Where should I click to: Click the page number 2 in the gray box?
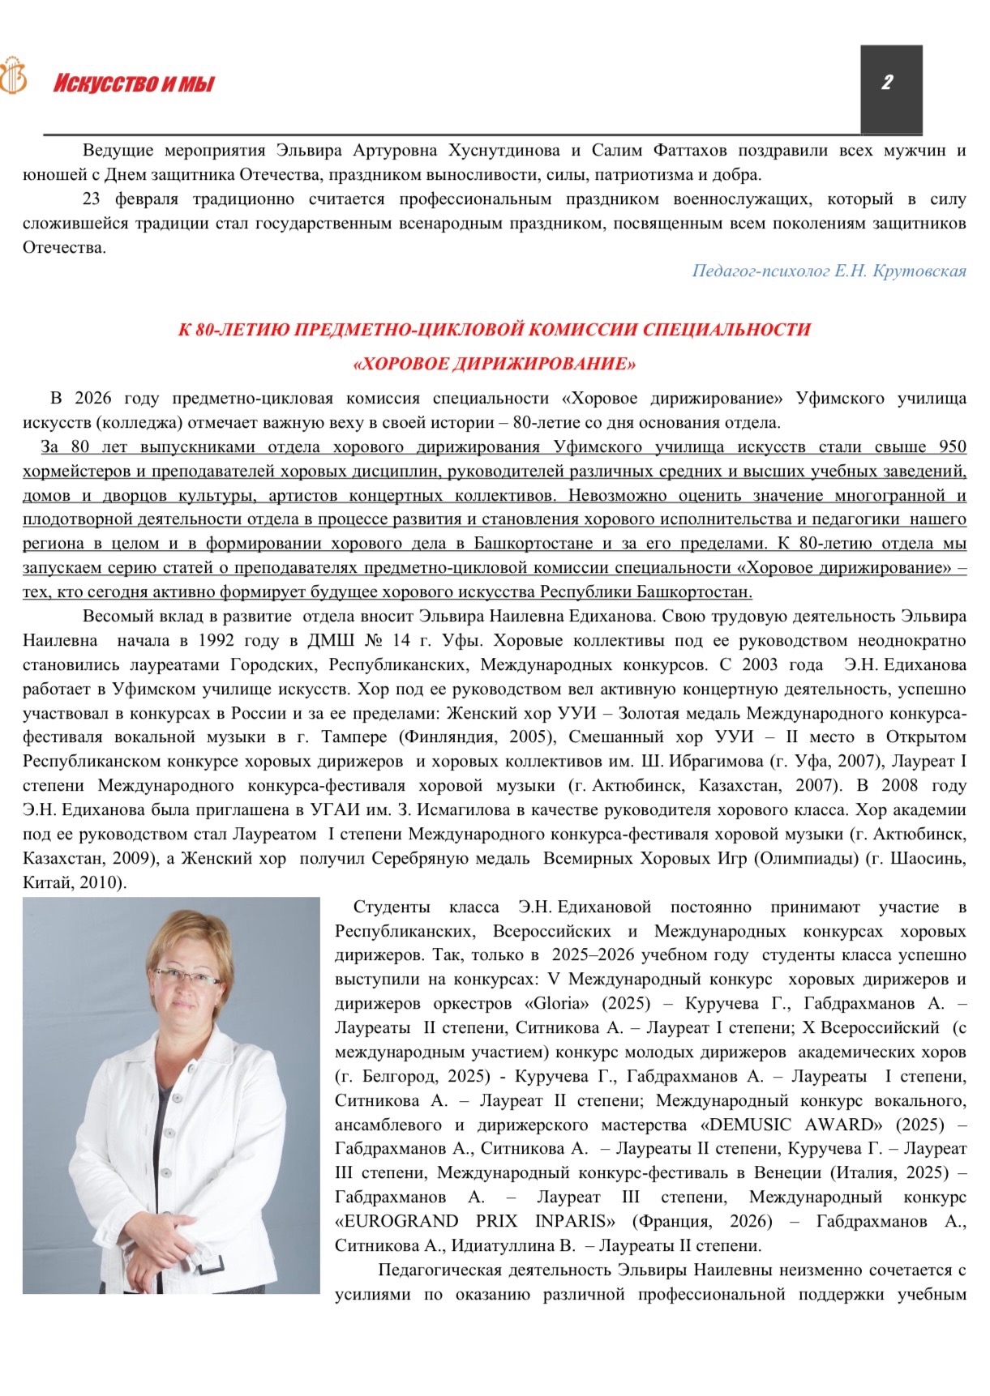[887, 82]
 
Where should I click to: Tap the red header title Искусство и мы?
[134, 83]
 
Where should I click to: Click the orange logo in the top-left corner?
[12, 76]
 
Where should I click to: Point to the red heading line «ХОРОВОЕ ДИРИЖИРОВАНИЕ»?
[495, 364]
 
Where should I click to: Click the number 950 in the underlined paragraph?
[952, 446]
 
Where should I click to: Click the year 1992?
[216, 640]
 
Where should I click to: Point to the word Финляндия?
[452, 737]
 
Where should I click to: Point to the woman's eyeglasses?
[186, 975]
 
